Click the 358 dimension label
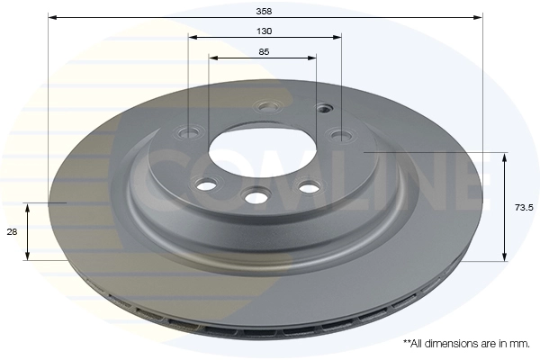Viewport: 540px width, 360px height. click(264, 12)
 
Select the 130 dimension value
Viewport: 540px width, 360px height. click(264, 31)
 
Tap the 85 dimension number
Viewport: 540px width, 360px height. click(264, 52)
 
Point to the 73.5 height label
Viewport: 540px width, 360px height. click(524, 207)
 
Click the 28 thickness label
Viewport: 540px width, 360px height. click(12, 232)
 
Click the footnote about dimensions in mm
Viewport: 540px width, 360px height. click(466, 344)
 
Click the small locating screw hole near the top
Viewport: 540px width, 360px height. click(323, 109)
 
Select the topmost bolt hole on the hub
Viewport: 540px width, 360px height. click(267, 107)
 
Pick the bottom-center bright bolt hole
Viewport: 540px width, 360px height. click(256, 197)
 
